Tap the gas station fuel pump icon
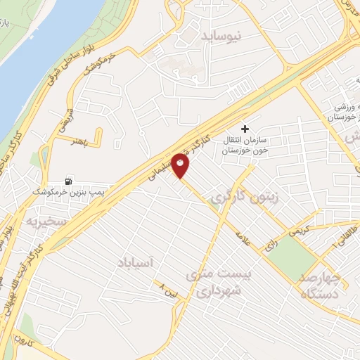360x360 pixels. coord(69,181)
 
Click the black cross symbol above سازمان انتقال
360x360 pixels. coord(245,129)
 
